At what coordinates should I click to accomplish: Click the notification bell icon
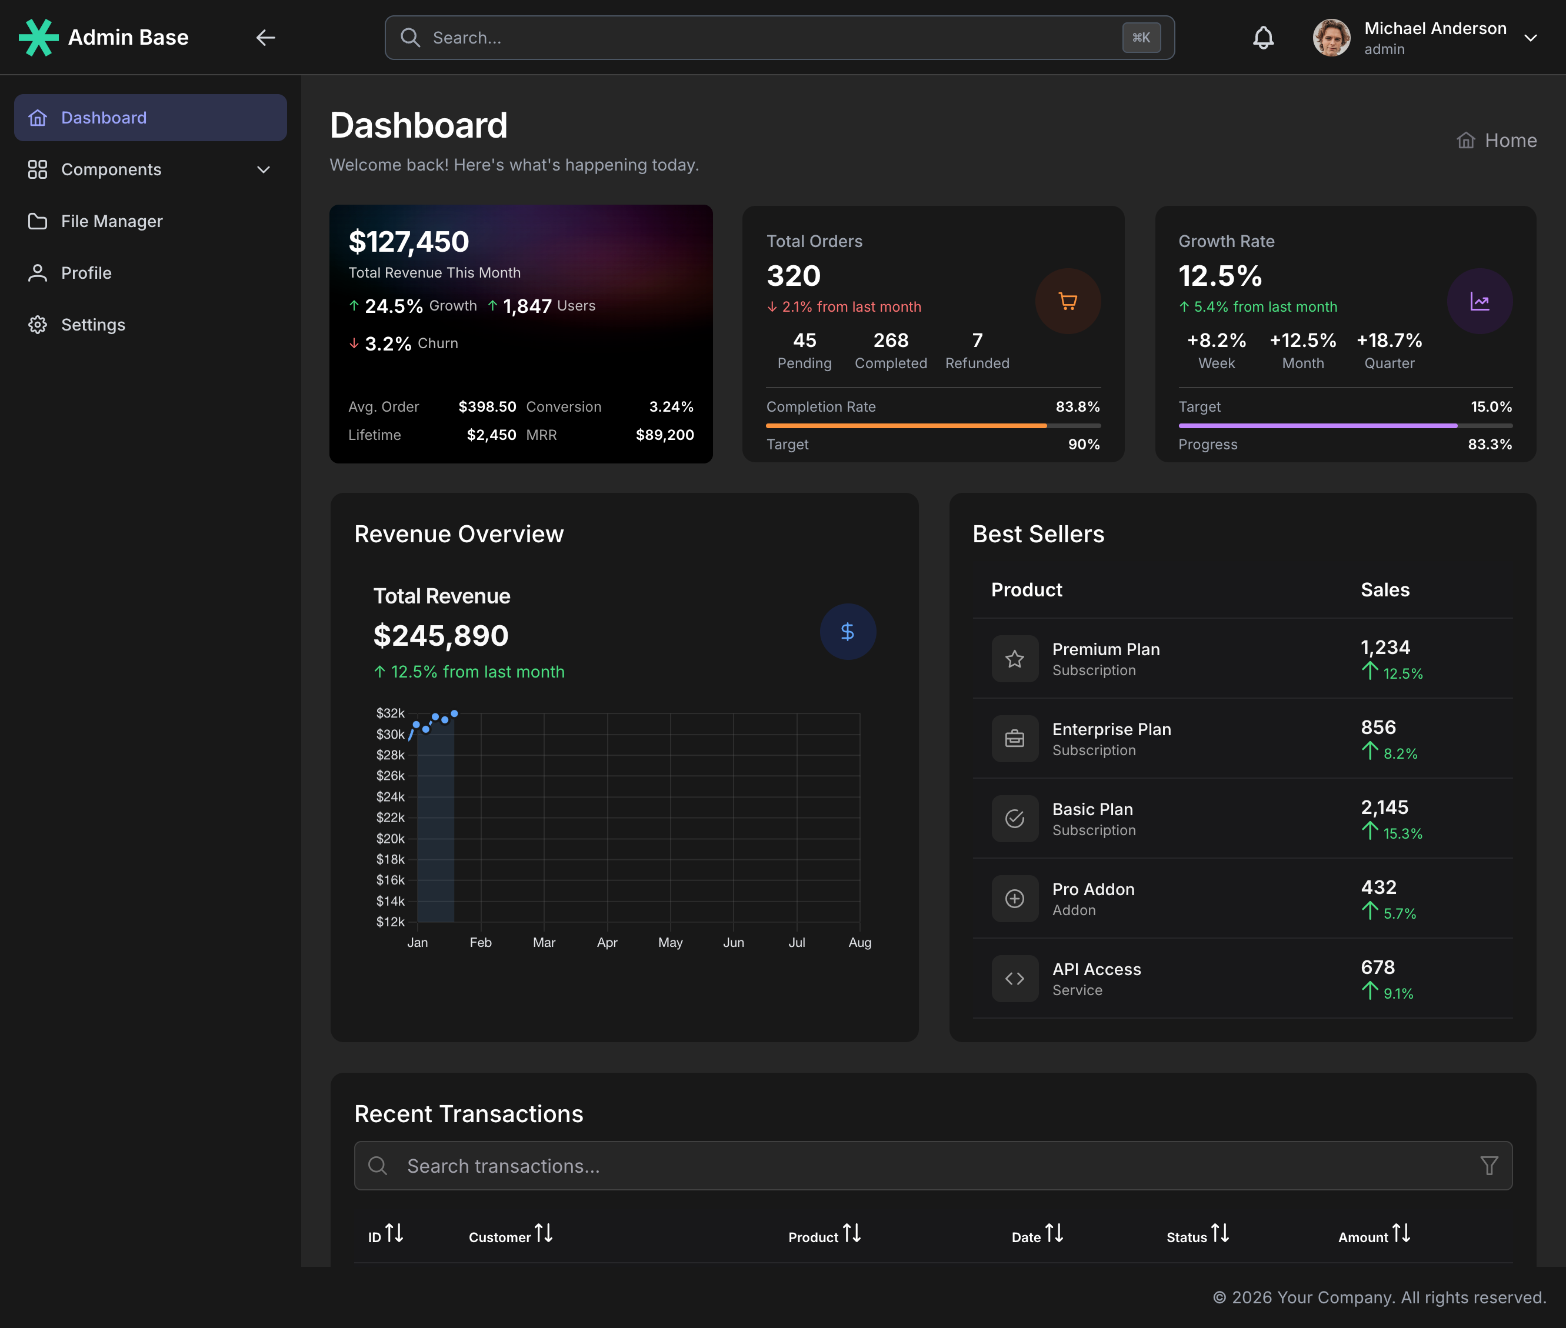(1262, 38)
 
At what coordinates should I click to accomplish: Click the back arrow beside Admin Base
(265, 38)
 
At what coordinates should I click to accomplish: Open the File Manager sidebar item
(111, 221)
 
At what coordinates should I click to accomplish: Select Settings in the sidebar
(92, 325)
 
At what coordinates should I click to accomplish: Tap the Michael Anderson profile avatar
(1331, 38)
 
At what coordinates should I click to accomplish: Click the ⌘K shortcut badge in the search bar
(1141, 38)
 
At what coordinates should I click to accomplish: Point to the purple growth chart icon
(1479, 301)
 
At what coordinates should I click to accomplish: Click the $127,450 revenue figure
(409, 242)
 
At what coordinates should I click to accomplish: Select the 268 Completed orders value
(891, 341)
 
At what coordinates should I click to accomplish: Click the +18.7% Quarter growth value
(1389, 341)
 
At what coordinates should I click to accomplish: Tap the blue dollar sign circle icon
(847, 632)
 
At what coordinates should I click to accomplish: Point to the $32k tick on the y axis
(390, 713)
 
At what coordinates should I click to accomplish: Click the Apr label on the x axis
(607, 943)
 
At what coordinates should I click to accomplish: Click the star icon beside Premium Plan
(1014, 659)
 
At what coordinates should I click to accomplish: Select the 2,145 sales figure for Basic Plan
(1384, 808)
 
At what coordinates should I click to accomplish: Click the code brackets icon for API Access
(1014, 979)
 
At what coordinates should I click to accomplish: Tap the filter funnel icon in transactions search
(1488, 1166)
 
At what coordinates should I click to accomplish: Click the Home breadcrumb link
(1510, 141)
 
